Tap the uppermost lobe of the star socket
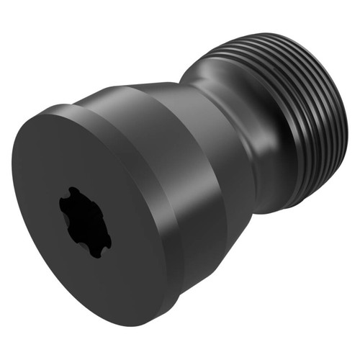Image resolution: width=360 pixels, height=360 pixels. [73, 193]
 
